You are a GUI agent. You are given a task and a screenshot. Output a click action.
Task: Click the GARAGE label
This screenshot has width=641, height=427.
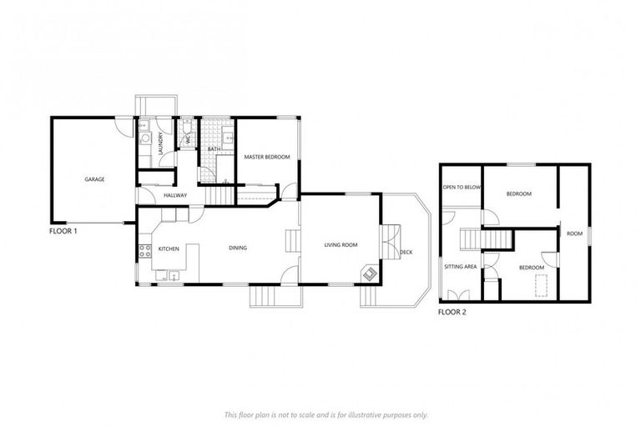point(94,178)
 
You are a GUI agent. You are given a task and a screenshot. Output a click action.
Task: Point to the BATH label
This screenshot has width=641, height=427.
point(214,149)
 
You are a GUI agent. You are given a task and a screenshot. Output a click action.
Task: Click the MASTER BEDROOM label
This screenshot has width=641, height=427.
point(266,157)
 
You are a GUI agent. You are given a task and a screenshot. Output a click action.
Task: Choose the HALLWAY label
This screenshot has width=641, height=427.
point(175,195)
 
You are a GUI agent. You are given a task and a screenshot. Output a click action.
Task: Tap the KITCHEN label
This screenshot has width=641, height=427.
point(169,249)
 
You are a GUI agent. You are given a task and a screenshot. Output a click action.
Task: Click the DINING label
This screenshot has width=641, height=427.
point(238,247)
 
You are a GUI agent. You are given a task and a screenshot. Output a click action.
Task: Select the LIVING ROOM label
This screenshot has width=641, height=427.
point(341,244)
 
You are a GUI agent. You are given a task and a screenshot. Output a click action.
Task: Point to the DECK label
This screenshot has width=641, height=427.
point(406,252)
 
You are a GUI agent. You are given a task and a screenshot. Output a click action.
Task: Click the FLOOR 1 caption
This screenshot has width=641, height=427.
point(63,231)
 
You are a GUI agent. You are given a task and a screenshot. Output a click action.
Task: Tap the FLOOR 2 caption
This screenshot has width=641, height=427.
point(452,312)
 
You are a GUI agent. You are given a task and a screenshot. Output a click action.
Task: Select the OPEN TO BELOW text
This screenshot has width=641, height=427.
point(462,188)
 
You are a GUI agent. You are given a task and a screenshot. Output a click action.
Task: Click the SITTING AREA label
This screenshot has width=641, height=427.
point(460,267)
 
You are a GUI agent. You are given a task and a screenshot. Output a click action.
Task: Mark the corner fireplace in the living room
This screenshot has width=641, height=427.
point(368,272)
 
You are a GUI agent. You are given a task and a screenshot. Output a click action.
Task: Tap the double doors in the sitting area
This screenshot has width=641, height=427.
point(457,294)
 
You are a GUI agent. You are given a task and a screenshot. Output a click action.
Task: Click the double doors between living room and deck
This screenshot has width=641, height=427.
point(386,244)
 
